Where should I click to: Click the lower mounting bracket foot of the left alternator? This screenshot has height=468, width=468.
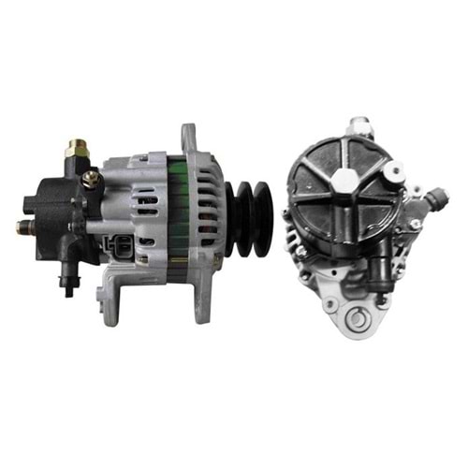[111, 298]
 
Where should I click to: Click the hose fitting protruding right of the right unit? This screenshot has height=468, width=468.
[434, 198]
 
